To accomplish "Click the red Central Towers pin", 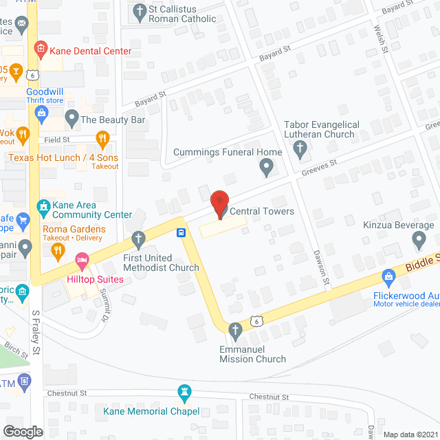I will (219, 203).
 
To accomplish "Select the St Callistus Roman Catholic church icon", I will (139, 11).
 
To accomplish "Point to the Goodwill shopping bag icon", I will (43, 111).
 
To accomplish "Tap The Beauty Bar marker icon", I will (71, 120).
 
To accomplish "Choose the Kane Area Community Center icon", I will (43, 205).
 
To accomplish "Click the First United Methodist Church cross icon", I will (139, 240).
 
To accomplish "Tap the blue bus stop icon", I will (181, 232).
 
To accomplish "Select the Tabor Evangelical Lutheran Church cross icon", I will (300, 148).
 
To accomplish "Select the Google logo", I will (23, 431).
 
